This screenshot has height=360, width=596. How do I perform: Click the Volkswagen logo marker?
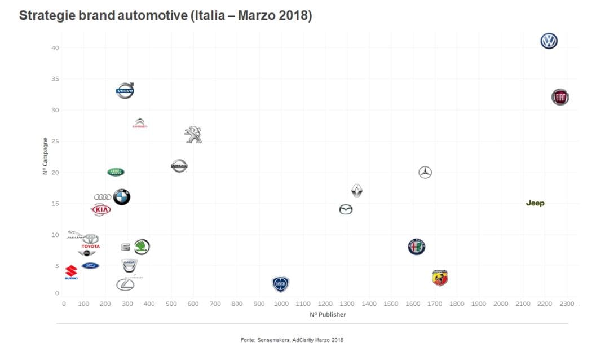549,41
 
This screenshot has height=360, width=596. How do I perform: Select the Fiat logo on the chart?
560,97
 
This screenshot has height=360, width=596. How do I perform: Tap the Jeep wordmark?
535,203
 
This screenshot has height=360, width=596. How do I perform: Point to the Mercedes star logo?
425,173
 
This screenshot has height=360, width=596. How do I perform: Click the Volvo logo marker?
125,90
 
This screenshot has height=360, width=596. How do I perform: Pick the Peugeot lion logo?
193,135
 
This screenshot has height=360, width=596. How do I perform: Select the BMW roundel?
122,197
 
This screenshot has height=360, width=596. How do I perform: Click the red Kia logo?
101,210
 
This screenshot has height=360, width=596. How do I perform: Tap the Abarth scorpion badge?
440,278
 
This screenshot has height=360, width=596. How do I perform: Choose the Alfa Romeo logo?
416,247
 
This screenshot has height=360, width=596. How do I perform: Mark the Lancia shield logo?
281,284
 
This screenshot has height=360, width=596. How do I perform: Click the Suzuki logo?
71,273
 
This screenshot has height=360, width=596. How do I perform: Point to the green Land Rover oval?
116,172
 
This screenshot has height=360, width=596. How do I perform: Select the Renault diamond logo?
356,191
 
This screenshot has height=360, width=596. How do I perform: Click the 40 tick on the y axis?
55,48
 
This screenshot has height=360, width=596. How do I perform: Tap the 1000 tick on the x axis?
281,304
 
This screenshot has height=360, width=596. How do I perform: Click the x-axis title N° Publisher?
328,314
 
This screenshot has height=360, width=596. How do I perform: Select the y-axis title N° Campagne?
45,156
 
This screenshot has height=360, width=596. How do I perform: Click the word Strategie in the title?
48,15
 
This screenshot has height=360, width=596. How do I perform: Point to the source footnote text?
292,340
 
